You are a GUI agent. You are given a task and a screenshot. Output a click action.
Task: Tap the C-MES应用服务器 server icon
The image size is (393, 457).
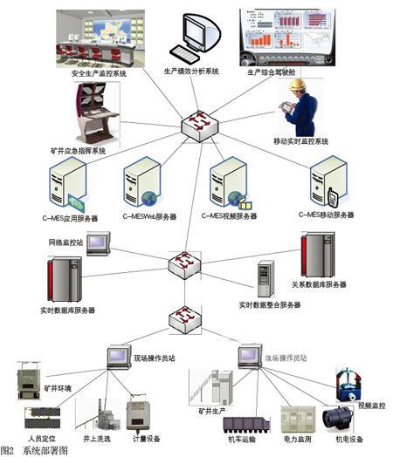[68, 186]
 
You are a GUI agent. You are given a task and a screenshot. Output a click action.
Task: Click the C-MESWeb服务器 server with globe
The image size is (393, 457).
[140, 185]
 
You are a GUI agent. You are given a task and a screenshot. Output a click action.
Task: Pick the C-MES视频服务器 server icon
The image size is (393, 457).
[229, 185]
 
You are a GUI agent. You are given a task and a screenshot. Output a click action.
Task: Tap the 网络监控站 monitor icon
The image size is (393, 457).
[97, 243]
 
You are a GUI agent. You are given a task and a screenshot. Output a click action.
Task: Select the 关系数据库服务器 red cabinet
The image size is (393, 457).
[316, 255]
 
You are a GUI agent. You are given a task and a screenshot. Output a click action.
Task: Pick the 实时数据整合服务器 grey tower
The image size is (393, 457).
[265, 280]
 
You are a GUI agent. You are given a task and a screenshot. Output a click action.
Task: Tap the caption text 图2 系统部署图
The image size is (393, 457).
[34, 450]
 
